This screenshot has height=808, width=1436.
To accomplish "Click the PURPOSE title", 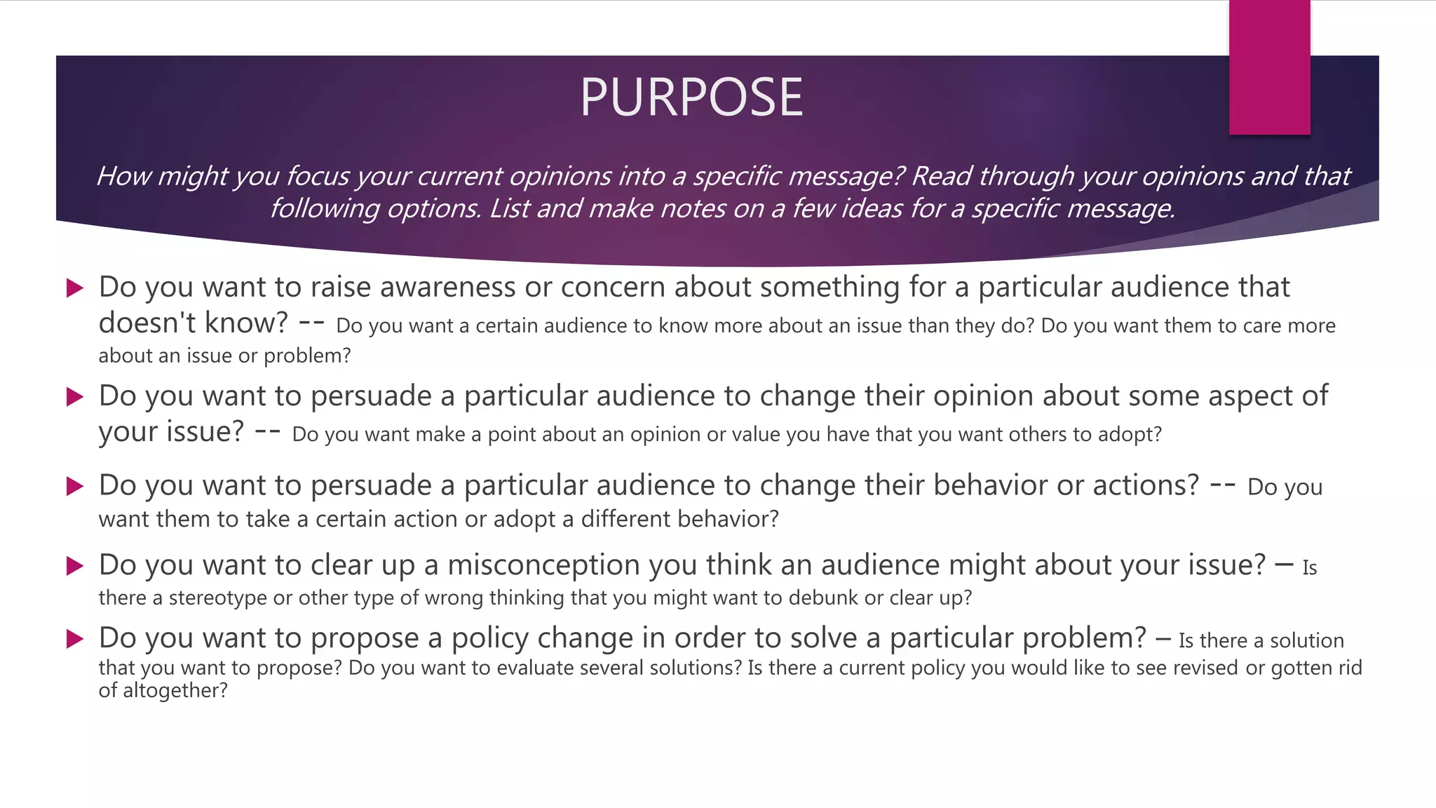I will [691, 97].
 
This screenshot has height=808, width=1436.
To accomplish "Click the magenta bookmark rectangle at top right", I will [1269, 67].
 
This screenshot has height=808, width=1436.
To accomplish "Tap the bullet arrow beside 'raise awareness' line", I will [74, 288].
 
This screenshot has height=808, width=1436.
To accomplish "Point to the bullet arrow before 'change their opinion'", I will [74, 397].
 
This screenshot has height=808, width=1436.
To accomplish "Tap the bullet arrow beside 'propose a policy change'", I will [74, 638].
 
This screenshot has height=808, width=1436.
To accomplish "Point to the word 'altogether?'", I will [175, 691].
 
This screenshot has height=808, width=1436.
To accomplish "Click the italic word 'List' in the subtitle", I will [509, 209].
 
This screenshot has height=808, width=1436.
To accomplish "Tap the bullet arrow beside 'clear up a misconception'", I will [74, 565].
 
